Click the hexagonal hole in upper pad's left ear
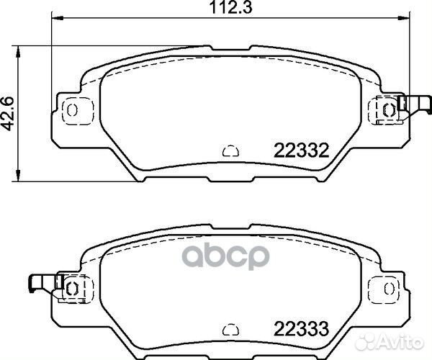pyautogui.click(x=72, y=109)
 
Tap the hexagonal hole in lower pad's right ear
pyautogui.click(x=388, y=288)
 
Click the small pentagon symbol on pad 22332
pyautogui.click(x=230, y=151)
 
